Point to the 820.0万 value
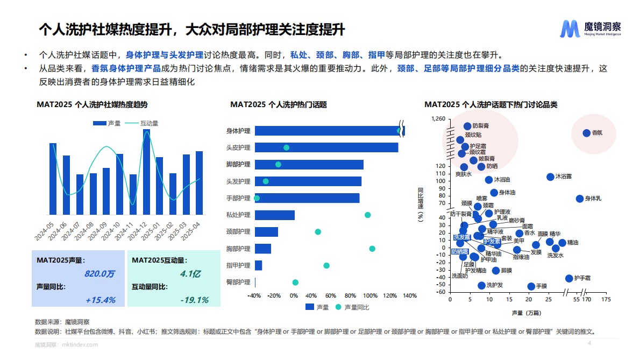tap(99, 274)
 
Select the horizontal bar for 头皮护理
tap(326, 147)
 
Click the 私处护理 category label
tap(238, 215)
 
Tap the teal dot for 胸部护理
tap(372, 249)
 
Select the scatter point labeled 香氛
tap(587, 133)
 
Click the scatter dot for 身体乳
tap(579, 199)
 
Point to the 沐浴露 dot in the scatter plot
tap(550, 177)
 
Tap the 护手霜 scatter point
tap(568, 278)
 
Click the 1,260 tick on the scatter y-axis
tap(439, 118)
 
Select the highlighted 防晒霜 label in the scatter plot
tap(460, 251)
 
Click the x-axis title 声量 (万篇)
tap(527, 312)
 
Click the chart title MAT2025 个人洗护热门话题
tap(279, 105)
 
